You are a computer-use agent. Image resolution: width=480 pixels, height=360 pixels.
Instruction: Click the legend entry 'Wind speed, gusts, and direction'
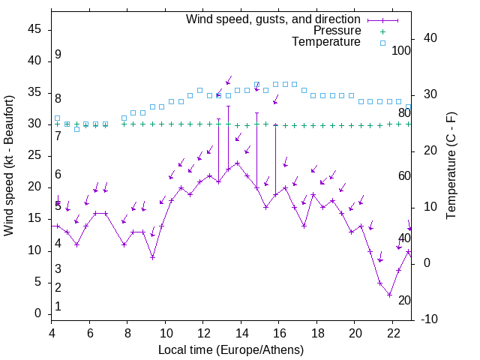tap(273, 19)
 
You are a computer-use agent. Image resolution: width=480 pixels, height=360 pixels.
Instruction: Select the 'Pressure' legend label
tap(337, 31)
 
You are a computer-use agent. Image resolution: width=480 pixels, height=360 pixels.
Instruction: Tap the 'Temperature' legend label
tap(326, 43)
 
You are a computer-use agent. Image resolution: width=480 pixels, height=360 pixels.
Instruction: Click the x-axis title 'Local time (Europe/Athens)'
tap(231, 350)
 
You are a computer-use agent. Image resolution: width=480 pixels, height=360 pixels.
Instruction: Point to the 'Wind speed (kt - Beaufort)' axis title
tap(10, 166)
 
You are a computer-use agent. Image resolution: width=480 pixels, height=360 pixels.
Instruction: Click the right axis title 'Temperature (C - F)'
tap(451, 166)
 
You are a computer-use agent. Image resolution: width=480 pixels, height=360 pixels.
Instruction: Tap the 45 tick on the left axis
tap(35, 29)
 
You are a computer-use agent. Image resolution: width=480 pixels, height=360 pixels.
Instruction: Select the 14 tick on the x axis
tap(241, 332)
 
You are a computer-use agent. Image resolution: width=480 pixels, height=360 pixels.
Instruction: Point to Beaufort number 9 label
tap(58, 55)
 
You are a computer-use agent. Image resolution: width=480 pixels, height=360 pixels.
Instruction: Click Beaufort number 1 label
tap(58, 306)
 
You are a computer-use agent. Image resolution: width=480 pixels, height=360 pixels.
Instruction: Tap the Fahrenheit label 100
tap(402, 51)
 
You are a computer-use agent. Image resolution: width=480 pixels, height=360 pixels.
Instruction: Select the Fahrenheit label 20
tap(404, 301)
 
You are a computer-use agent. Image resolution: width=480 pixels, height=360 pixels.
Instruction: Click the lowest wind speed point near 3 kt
tap(389, 295)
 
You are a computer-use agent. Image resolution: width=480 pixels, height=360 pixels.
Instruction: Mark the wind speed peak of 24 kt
tap(237, 163)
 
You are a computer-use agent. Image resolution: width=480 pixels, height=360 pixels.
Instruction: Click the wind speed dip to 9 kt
tap(152, 257)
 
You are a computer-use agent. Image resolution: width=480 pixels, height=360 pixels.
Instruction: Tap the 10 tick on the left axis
tap(35, 250)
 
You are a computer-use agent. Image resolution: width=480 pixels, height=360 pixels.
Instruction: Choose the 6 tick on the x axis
tap(89, 332)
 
